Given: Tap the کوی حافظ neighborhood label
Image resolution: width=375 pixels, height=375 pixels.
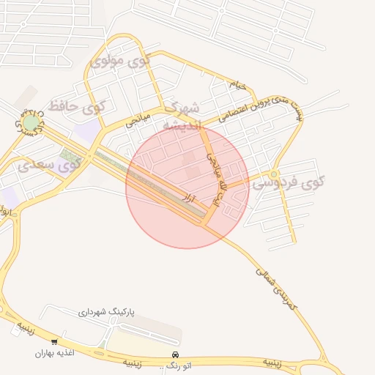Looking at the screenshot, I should pos(77,107).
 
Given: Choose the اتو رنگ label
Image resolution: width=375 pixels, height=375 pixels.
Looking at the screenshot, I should pos(174,364).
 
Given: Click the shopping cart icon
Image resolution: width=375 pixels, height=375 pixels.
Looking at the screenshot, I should pos(54,341).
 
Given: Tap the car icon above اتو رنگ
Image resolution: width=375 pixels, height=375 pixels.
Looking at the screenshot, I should pos(174,354).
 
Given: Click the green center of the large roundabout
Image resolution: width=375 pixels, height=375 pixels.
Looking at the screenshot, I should pos(31,122).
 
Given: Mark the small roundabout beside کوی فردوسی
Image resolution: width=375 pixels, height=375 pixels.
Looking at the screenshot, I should pos(273,174).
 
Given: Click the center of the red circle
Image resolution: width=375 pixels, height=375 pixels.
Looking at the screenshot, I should pos(187,187).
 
